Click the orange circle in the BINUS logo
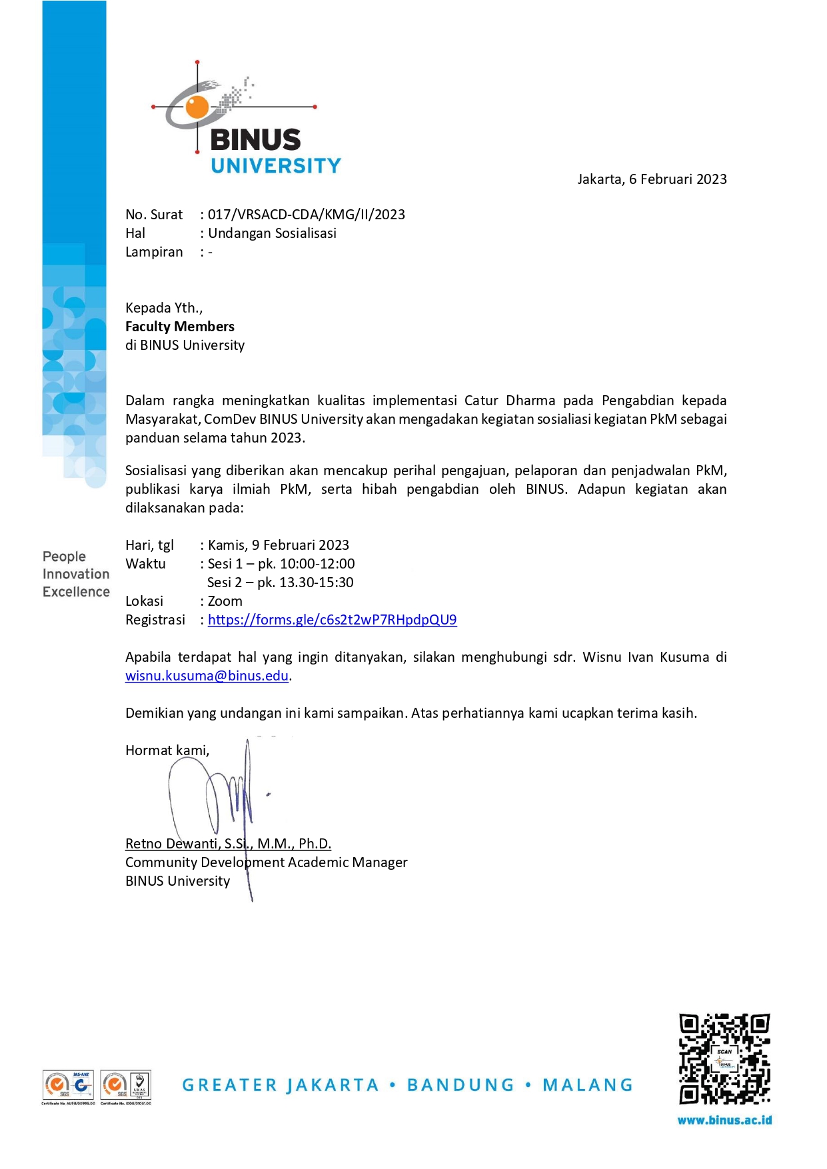coord(197,107)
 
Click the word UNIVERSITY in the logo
coord(276,166)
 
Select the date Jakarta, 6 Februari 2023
coord(652,179)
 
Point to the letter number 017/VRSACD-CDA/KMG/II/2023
coord(307,215)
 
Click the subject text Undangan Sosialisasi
coord(272,233)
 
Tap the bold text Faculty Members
coord(180,327)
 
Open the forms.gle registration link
coord(332,620)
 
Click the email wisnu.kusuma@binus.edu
coord(207,676)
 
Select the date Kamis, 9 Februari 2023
coord(279,545)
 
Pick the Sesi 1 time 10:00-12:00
coord(317,564)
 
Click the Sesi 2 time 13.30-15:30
coord(317,583)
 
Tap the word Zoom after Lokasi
coord(225,601)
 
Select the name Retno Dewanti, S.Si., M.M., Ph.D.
coord(228,844)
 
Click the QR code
coord(724,1059)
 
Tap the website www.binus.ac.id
coord(724,1120)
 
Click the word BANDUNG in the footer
coord(460,1086)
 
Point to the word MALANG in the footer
coord(587,1086)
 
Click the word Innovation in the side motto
coord(76,574)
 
